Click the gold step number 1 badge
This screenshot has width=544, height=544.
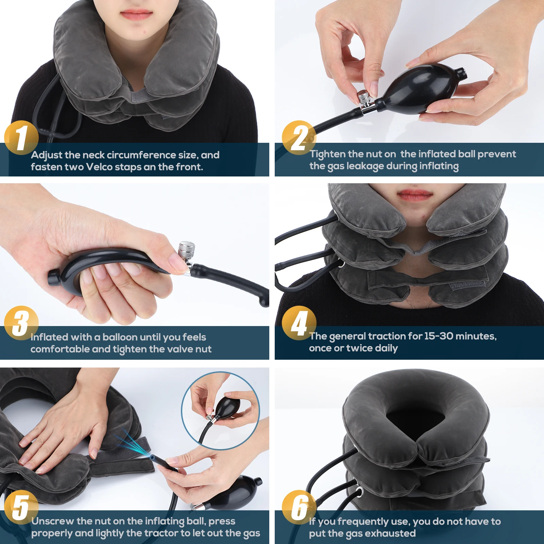coord(21,138)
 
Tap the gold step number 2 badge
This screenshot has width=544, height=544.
coord(299,138)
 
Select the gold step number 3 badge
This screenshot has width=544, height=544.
coord(21,323)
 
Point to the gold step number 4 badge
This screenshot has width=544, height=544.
coord(299,323)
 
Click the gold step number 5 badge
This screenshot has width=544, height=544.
coord(21,507)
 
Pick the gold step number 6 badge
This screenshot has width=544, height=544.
coord(299,507)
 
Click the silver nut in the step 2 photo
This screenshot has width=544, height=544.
coord(364,98)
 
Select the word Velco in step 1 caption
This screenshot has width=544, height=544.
coord(99,167)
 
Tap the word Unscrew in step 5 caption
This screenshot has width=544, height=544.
coord(53,521)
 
